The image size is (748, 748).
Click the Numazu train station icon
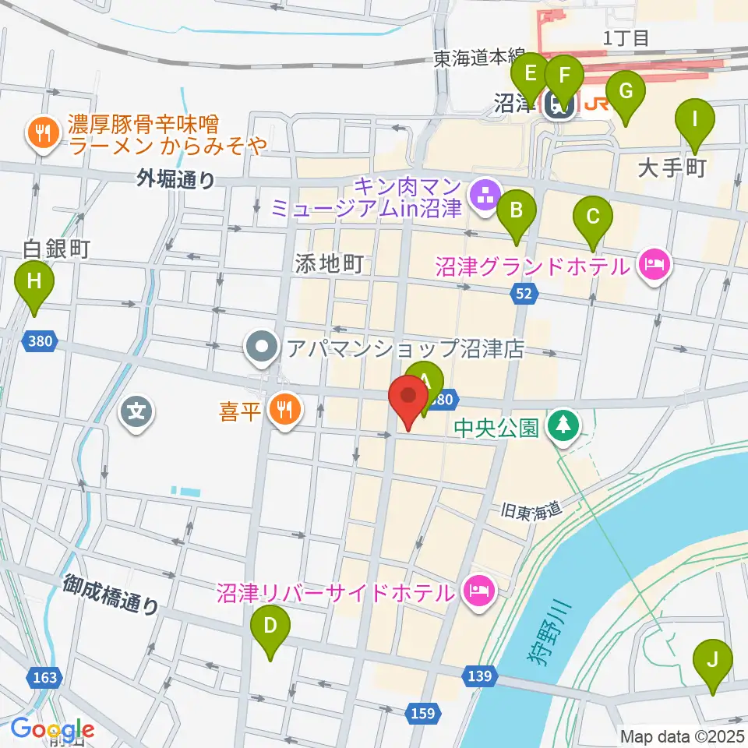click(x=559, y=104)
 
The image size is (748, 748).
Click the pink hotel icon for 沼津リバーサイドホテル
click(x=477, y=591)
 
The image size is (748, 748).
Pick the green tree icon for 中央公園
click(x=561, y=425)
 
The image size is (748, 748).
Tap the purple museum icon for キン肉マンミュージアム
click(x=485, y=195)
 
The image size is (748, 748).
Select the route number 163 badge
click(x=45, y=677)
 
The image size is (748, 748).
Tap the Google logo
click(x=53, y=729)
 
